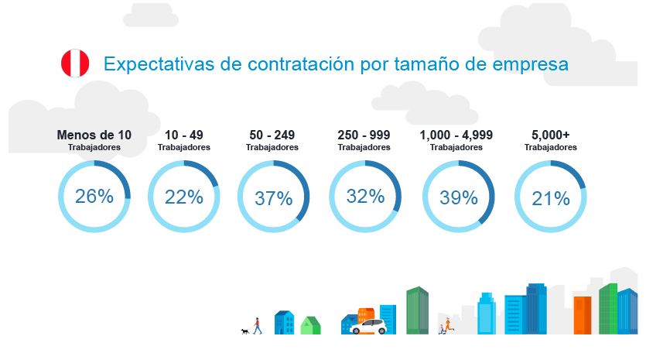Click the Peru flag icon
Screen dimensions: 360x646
[x=75, y=63]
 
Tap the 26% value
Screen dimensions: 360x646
[x=94, y=197]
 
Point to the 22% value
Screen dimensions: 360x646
[x=183, y=197]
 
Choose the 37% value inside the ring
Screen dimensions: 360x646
[x=273, y=199]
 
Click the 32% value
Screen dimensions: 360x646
[x=365, y=197]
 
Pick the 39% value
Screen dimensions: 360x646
[x=458, y=198]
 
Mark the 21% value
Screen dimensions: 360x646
[x=550, y=199]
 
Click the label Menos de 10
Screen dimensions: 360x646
[x=94, y=135]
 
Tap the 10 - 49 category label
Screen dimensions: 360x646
[x=183, y=135]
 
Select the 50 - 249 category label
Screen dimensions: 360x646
[x=272, y=135]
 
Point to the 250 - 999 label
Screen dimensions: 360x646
[x=364, y=135]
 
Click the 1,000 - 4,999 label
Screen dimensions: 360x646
[x=456, y=135]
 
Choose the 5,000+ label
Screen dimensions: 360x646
[x=550, y=135]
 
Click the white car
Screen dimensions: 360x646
[x=367, y=326]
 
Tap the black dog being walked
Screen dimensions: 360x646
[x=244, y=331]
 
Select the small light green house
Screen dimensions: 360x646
[x=310, y=325]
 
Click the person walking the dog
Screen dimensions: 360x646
[x=257, y=325]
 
